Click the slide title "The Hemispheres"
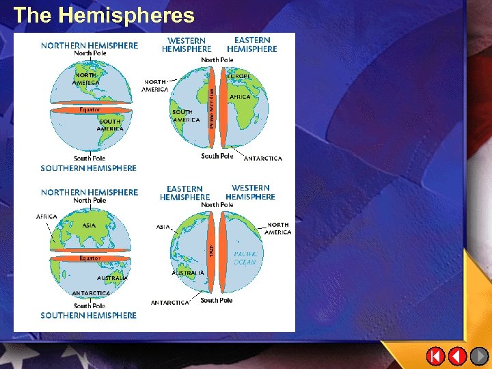[104, 15]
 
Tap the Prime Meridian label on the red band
[212, 108]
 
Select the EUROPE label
[239, 76]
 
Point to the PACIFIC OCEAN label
[244, 258]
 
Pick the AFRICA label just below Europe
[240, 97]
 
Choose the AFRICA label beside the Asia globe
[46, 217]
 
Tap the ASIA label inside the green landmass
[89, 225]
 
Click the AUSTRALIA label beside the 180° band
[188, 273]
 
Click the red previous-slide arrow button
[457, 356]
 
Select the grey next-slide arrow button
[480, 356]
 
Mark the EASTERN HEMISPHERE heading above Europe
[252, 44]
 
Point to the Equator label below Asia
[90, 258]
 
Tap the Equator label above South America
[90, 109]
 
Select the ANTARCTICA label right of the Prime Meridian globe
[262, 159]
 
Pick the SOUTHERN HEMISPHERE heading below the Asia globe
[88, 315]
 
